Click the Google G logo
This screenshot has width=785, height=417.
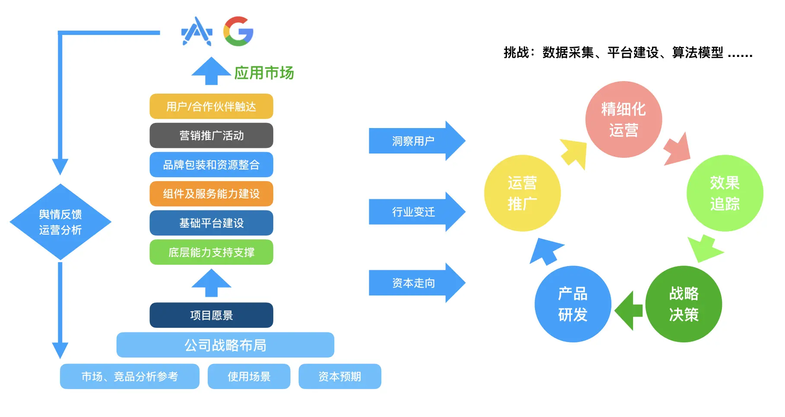pyautogui.click(x=238, y=31)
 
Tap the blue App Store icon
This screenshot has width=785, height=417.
pyautogui.click(x=197, y=31)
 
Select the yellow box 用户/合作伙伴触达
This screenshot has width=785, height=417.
pyautogui.click(x=211, y=107)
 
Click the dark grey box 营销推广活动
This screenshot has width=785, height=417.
pyautogui.click(x=211, y=135)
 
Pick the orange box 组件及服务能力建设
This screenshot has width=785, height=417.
pyautogui.click(x=211, y=194)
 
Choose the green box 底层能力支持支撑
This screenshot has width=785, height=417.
pyautogui.click(x=211, y=252)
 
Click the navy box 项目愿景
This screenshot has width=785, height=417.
pyautogui.click(x=211, y=315)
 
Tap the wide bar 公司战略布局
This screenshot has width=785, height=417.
pyautogui.click(x=225, y=345)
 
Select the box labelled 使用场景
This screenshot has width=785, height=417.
pyautogui.click(x=249, y=376)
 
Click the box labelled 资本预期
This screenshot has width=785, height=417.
pyautogui.click(x=339, y=376)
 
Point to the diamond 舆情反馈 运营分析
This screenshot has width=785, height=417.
pyautogui.click(x=60, y=222)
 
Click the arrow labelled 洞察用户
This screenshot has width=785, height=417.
pyautogui.click(x=415, y=141)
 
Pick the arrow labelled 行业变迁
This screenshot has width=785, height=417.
pyautogui.click(x=415, y=212)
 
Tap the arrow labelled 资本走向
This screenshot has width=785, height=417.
pyautogui.click(x=415, y=283)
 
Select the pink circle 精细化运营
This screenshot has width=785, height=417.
pyautogui.click(x=623, y=119)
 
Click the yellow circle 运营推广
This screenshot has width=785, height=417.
pyautogui.click(x=522, y=193)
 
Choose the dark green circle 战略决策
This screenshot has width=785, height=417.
pyautogui.click(x=684, y=304)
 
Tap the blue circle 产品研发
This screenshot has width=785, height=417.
pyautogui.click(x=573, y=304)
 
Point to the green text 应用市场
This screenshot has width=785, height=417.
pyautogui.click(x=264, y=73)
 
